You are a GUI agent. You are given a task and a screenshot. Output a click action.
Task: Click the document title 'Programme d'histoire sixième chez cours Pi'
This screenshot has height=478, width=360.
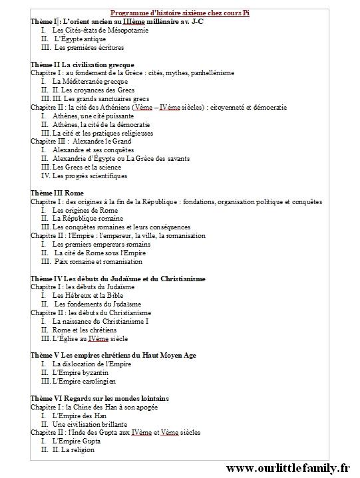pos(180,13)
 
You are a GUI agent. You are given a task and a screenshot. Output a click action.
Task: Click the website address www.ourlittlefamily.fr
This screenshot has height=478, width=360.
pos(287,468)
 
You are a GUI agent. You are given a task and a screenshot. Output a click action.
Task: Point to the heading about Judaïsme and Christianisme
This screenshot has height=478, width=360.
pos(118,279)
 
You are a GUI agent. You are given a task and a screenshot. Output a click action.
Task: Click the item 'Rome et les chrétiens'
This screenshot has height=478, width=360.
pos(84,330)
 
